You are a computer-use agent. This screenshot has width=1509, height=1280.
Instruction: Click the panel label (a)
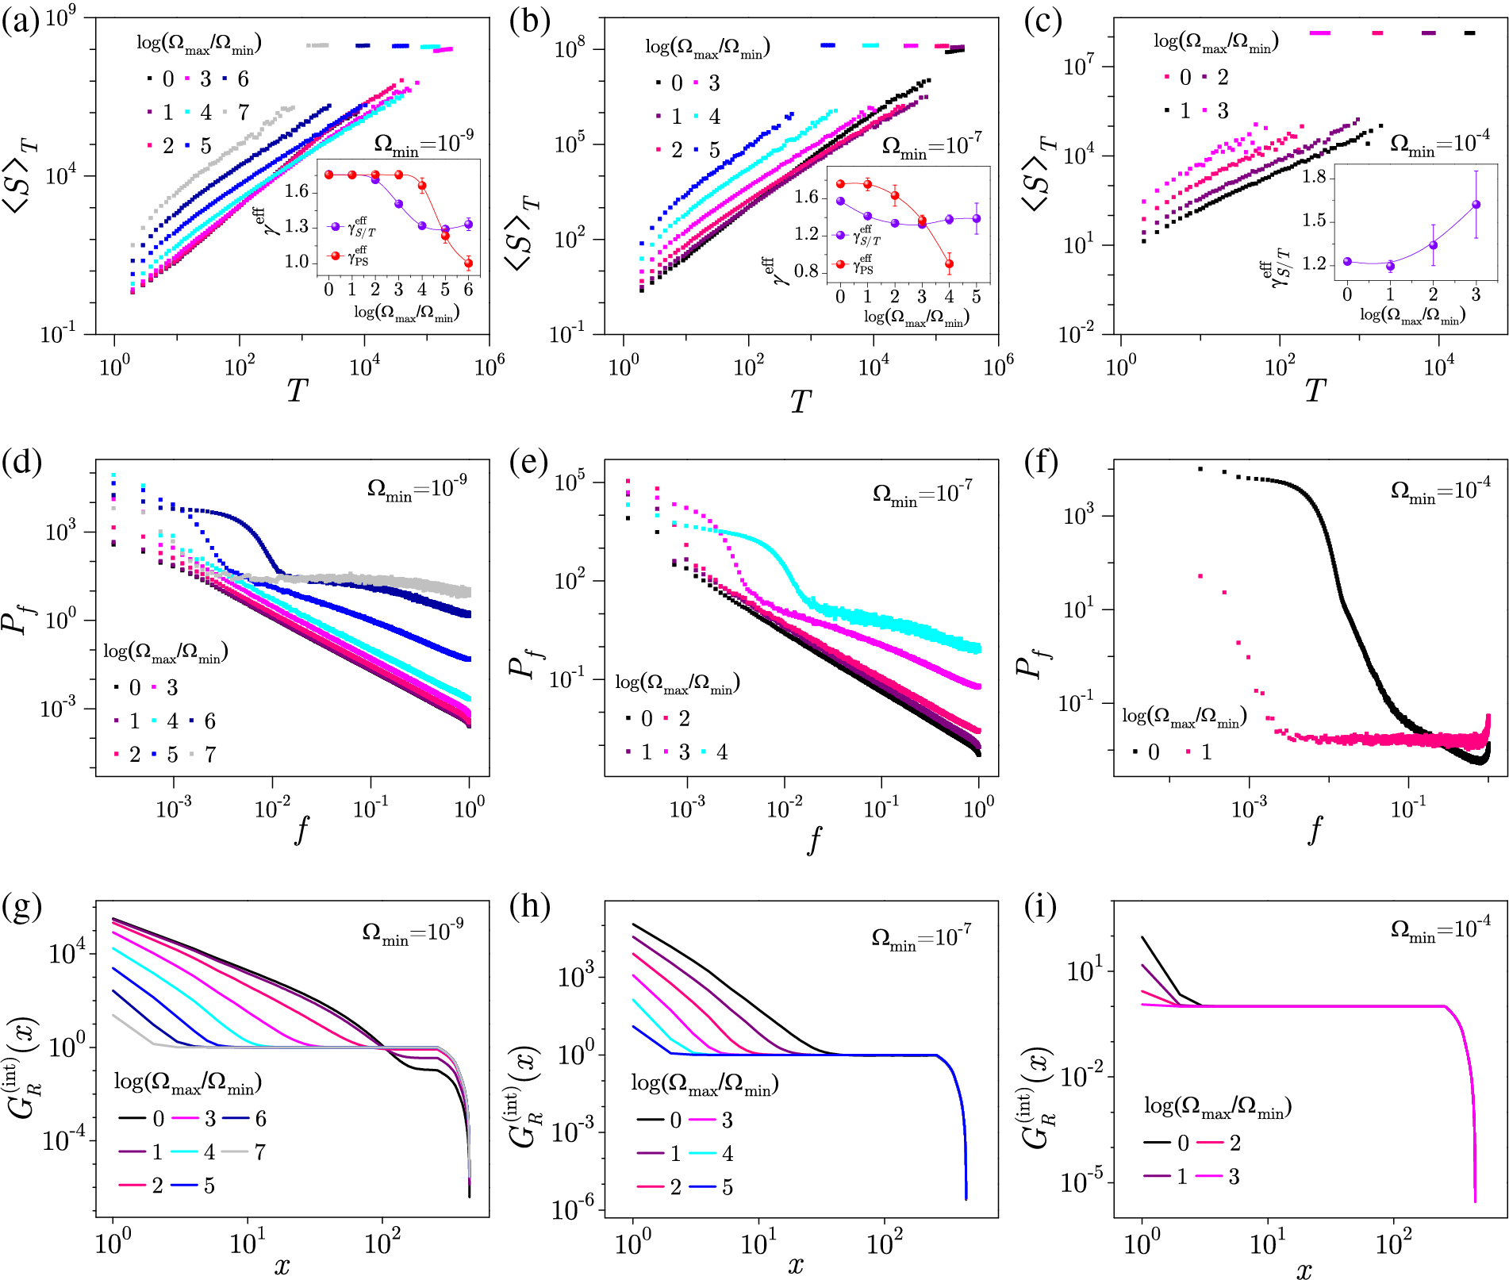(20, 21)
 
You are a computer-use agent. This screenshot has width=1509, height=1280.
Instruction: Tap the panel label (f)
(1041, 461)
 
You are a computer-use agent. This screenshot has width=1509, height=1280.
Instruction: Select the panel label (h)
(531, 905)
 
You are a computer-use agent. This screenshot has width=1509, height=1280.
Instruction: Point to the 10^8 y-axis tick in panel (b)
(570, 49)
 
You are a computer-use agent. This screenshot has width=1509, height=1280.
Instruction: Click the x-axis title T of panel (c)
(1315, 390)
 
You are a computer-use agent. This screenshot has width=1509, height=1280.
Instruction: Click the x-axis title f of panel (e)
(814, 839)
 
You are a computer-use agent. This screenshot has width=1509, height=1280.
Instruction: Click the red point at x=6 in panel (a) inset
(468, 263)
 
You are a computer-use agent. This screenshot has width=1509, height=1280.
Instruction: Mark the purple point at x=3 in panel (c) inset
(1476, 205)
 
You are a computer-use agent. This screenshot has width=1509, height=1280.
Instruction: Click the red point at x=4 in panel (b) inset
(949, 264)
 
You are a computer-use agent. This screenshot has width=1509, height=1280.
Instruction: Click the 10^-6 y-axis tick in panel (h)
(573, 1210)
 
